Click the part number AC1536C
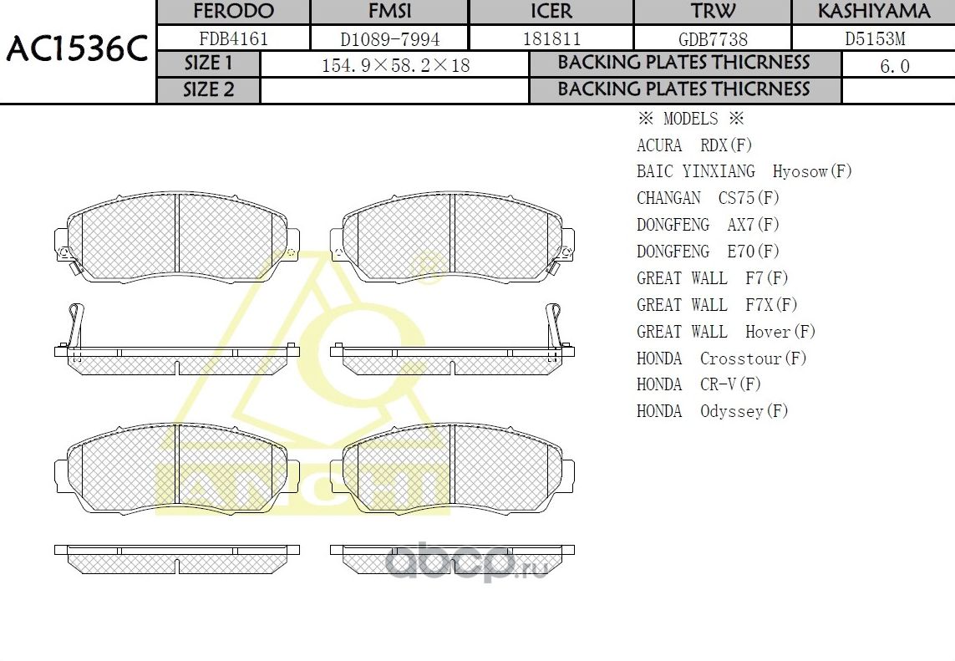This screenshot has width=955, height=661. pyautogui.click(x=76, y=50)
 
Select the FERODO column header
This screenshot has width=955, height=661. pyautogui.click(x=233, y=12)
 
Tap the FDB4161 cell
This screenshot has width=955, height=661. pyautogui.click(x=233, y=38)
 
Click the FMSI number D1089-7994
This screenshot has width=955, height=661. pyautogui.click(x=389, y=38)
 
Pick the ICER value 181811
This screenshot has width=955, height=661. pyautogui.click(x=551, y=38)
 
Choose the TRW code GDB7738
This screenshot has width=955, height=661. pyautogui.click(x=713, y=39)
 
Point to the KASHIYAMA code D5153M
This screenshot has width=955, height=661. pyautogui.click(x=874, y=38)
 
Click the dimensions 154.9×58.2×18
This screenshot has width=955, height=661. pyautogui.click(x=395, y=65)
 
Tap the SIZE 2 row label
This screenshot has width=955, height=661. pyautogui.click(x=209, y=90)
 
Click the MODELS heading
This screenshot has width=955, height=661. pyautogui.click(x=690, y=119)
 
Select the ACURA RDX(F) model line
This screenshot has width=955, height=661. pyautogui.click(x=694, y=145)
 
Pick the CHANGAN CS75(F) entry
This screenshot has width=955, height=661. pyautogui.click(x=707, y=198)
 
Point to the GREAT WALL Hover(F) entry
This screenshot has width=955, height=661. pyautogui.click(x=725, y=332)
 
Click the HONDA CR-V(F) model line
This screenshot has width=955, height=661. pyautogui.click(x=698, y=384)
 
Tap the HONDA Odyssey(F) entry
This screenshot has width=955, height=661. pyautogui.click(x=712, y=411)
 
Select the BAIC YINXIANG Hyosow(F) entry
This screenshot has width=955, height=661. pyautogui.click(x=744, y=171)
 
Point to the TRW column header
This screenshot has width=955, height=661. pyautogui.click(x=713, y=12)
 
